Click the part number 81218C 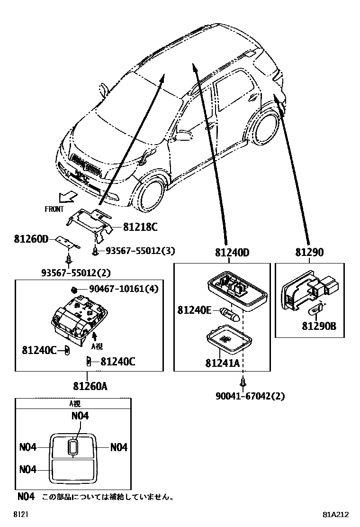[x=140, y=227]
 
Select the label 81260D [x=32, y=239]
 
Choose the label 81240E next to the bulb [x=195, y=310]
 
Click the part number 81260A [x=90, y=386]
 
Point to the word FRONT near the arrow [x=54, y=209]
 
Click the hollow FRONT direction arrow [x=66, y=196]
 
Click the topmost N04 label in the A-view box [x=80, y=416]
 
